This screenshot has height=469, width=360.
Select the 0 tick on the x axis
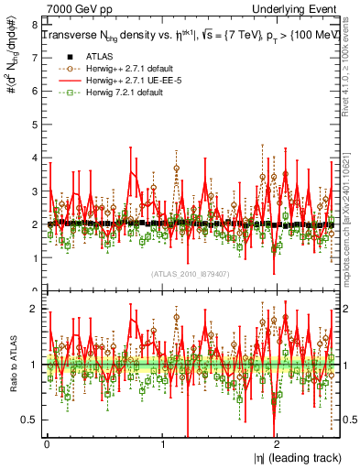click(46, 448)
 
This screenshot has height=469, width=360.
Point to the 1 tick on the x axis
click(162, 448)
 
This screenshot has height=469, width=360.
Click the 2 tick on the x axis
click(278, 448)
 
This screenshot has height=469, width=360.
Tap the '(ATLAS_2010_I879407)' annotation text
click(189, 272)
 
